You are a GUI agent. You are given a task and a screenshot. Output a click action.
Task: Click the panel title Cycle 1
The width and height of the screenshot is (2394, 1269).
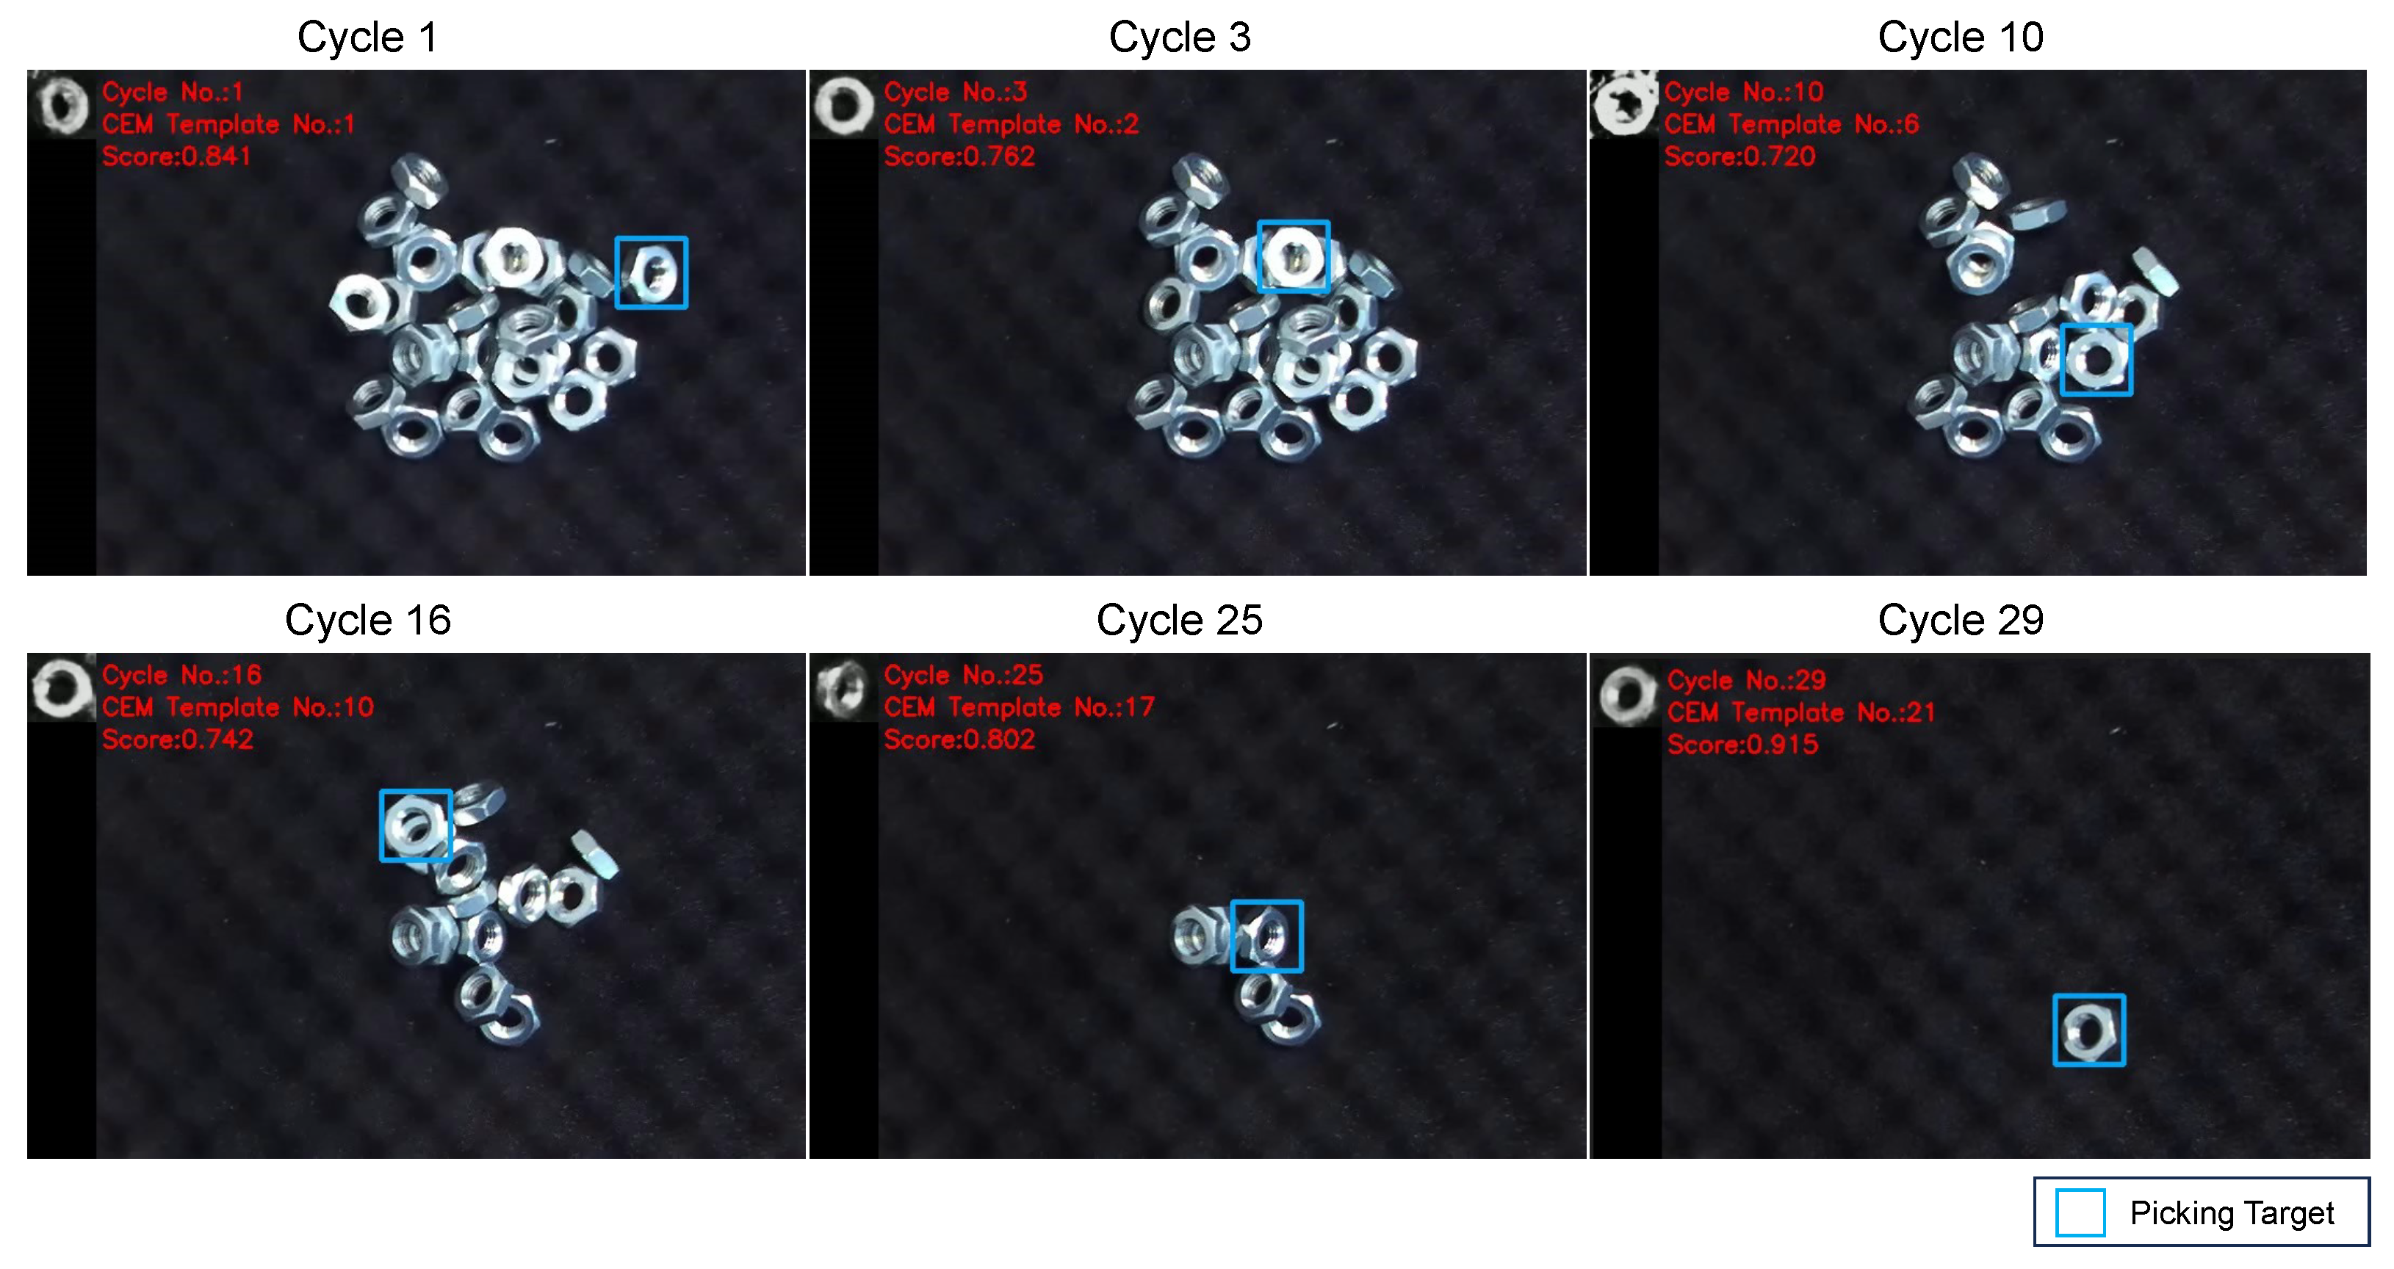coord(367,37)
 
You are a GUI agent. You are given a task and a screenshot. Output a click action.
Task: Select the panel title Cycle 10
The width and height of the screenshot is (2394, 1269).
coord(1960,37)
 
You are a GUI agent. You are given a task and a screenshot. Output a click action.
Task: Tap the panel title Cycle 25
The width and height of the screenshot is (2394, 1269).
coord(1179,620)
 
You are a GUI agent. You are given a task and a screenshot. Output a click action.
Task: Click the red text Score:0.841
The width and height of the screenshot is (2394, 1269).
coord(176,156)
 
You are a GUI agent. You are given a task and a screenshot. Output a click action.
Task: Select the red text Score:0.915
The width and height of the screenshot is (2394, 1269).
coord(1742,744)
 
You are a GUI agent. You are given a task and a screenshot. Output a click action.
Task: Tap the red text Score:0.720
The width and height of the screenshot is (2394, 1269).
coord(1739,156)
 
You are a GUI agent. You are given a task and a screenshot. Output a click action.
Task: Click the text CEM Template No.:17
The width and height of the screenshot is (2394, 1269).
coord(1020,707)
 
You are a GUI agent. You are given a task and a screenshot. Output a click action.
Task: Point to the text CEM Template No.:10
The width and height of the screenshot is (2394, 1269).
coord(238,707)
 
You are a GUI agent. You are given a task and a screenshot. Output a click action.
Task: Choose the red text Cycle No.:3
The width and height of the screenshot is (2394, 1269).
coord(956,92)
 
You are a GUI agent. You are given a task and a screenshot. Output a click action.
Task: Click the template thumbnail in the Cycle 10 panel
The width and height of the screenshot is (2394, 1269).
coord(1624,104)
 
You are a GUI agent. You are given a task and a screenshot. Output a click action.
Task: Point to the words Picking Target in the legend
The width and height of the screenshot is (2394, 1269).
coord(2232,1213)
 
